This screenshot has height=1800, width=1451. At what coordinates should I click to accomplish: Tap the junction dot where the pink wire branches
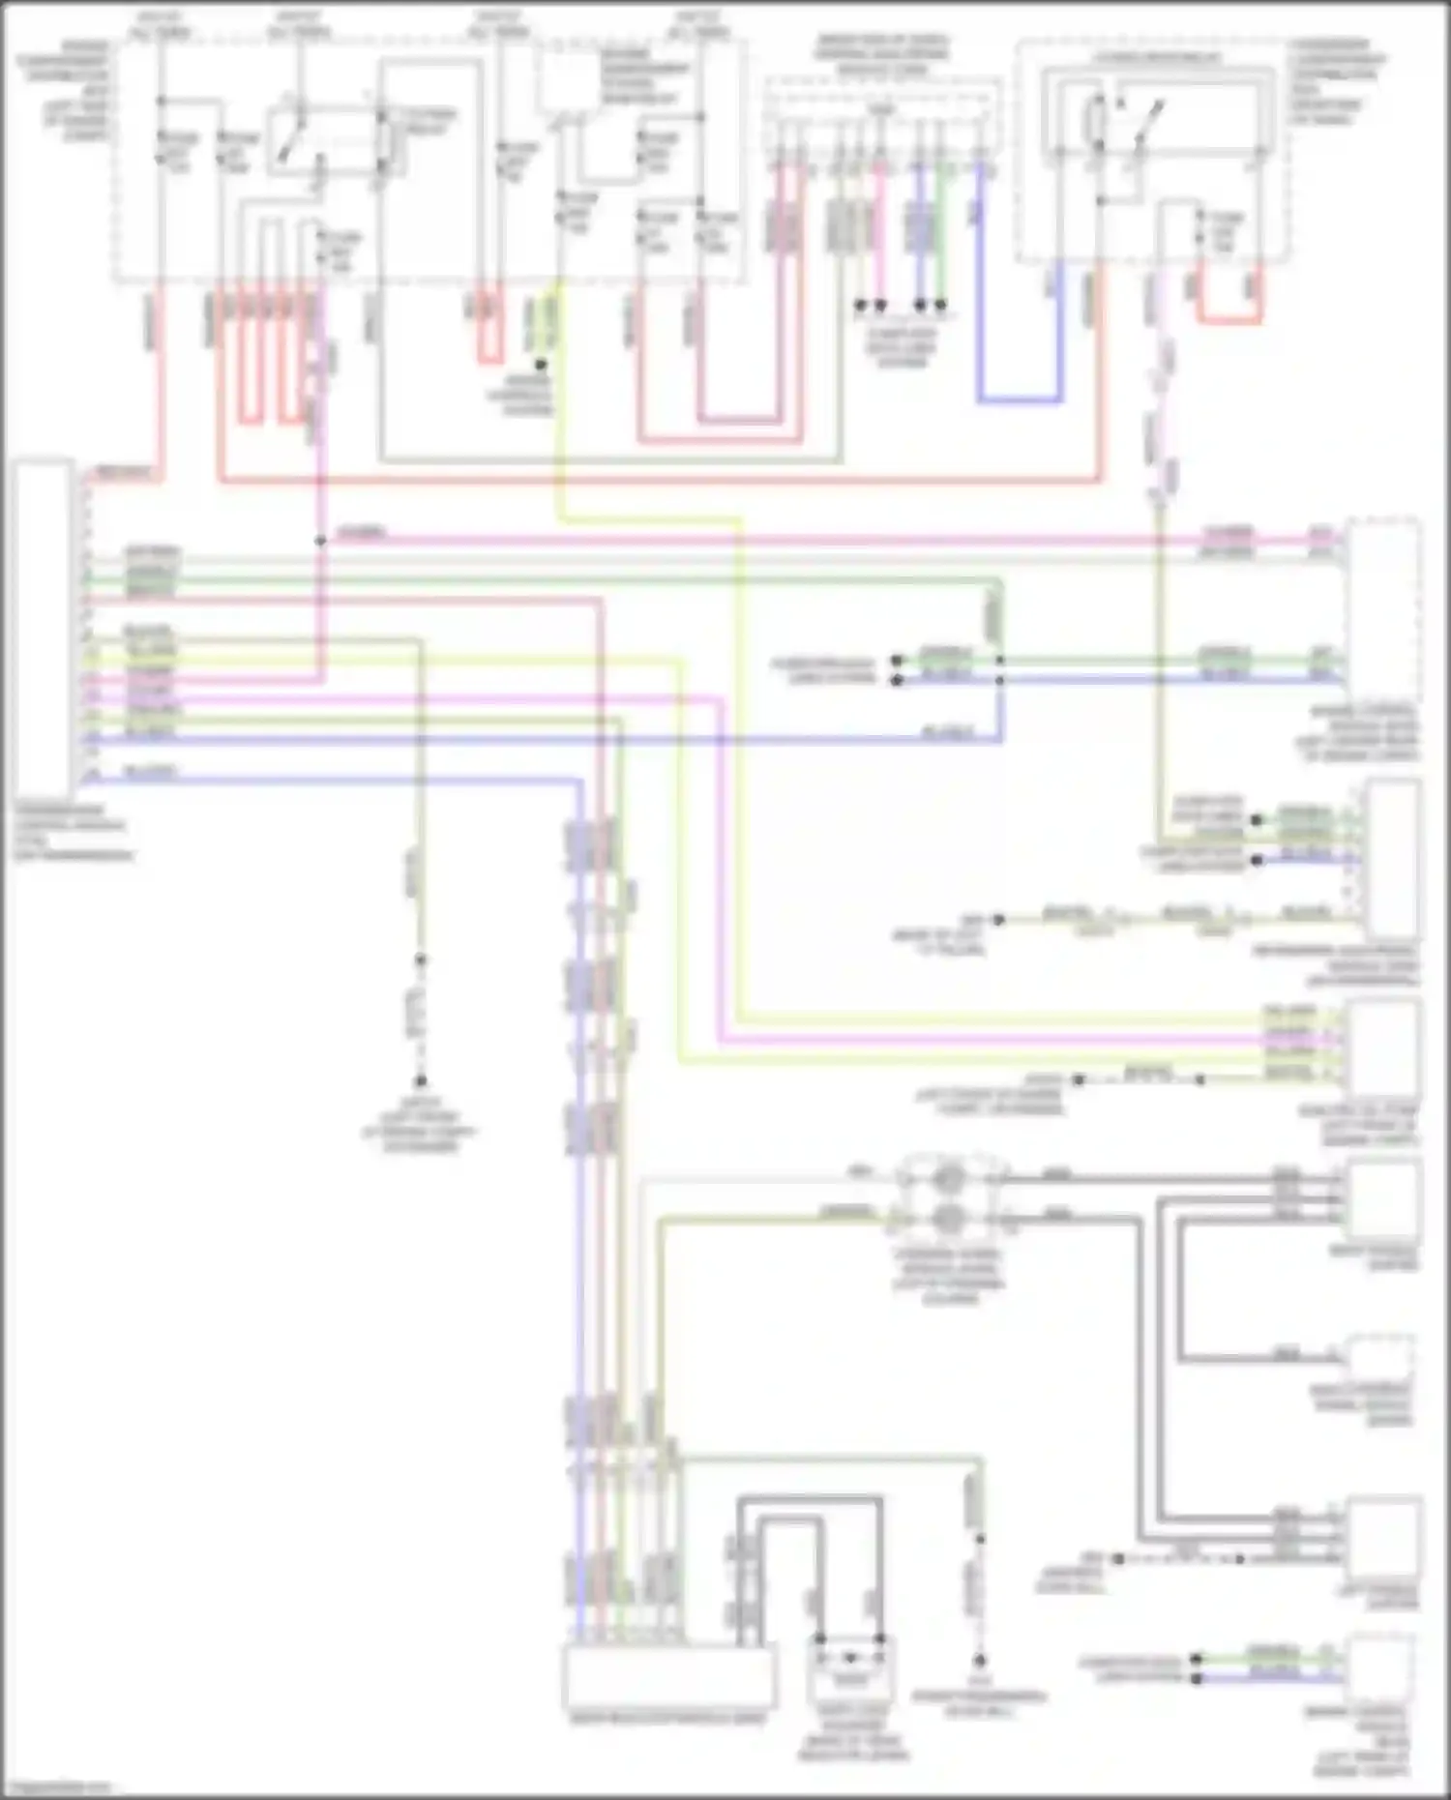[x=320, y=541]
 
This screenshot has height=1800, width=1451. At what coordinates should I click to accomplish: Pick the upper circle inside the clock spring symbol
[x=949, y=1178]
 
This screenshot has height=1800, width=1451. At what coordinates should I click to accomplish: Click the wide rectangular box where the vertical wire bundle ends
[x=668, y=1677]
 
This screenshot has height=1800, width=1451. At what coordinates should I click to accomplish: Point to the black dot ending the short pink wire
[x=880, y=306]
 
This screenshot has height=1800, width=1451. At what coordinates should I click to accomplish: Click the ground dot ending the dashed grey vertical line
[x=421, y=1081]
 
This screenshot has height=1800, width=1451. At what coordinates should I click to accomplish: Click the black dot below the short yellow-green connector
[x=541, y=365]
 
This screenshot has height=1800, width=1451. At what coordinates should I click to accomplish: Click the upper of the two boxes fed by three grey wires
[x=1383, y=1199]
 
